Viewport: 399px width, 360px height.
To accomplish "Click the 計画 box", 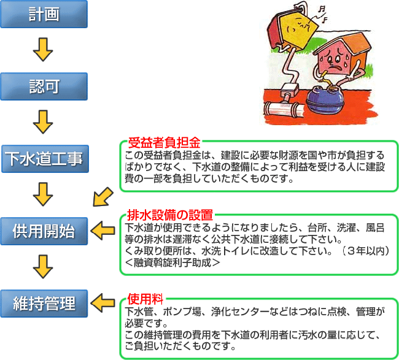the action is (x=44, y=14).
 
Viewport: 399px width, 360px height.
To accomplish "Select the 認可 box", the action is (x=44, y=86).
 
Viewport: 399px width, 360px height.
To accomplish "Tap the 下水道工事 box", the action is (x=45, y=159).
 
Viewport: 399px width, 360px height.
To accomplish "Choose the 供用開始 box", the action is (x=44, y=231).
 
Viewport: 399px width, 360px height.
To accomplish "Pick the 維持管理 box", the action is (x=44, y=304).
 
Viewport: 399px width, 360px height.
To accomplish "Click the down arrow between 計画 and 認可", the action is (x=43, y=50).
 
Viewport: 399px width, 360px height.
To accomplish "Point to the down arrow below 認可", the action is (x=43, y=122).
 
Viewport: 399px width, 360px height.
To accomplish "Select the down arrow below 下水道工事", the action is (x=43, y=194).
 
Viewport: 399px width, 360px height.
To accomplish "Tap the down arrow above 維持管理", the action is (x=43, y=267).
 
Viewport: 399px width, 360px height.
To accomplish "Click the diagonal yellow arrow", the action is (x=103, y=197).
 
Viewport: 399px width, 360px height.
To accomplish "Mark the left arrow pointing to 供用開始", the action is (x=103, y=231).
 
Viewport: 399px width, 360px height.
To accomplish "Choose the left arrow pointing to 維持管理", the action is (x=103, y=303).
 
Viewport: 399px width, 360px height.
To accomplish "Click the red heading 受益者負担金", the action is (x=164, y=143).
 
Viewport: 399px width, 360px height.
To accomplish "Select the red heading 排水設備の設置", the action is (x=170, y=215).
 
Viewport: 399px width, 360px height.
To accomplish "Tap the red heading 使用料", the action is (x=145, y=299).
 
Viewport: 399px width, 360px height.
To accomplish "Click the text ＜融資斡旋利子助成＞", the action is (x=172, y=262).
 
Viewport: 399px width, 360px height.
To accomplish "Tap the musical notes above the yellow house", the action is (x=322, y=14).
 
